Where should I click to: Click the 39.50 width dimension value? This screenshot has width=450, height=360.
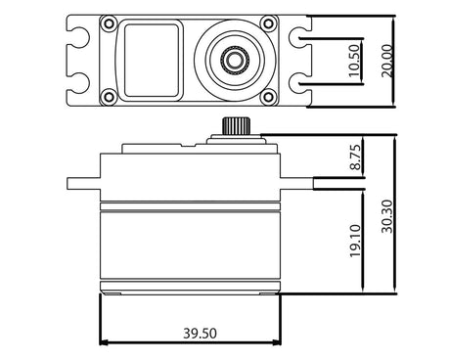[200, 334]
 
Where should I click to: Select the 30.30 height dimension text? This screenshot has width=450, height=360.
[387, 216]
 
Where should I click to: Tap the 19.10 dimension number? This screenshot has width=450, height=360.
[355, 241]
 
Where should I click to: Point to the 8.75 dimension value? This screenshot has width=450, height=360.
[355, 157]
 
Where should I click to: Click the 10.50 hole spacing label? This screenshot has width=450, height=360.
[354, 61]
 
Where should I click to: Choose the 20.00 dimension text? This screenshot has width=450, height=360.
[387, 61]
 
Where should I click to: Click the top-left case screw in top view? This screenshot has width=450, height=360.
[108, 23]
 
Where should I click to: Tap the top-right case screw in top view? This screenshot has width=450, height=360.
[268, 23]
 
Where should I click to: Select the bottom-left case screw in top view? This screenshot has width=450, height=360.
[108, 97]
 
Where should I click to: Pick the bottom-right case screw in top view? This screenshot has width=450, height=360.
[268, 97]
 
